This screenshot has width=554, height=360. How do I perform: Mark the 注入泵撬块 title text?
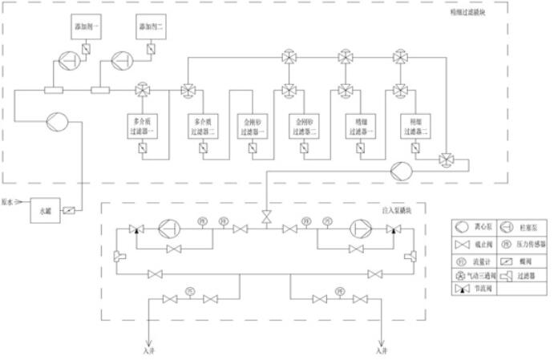pos(397,210)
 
